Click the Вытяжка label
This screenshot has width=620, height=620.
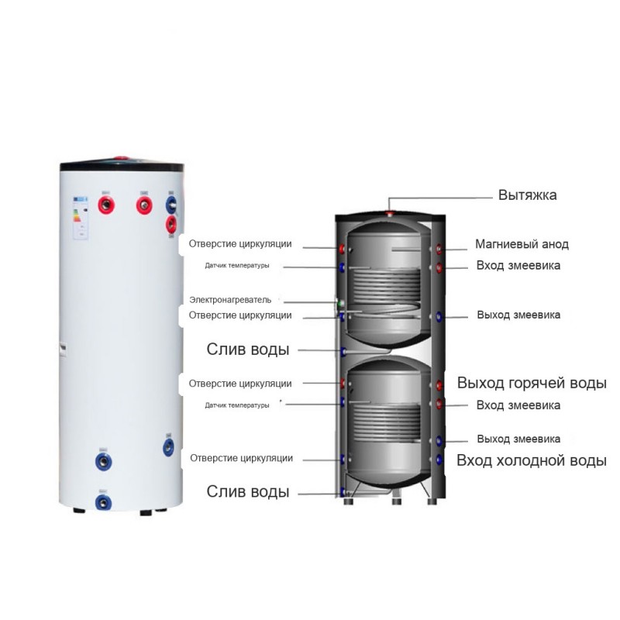pyautogui.click(x=527, y=195)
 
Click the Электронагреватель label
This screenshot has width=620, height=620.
pyautogui.click(x=230, y=300)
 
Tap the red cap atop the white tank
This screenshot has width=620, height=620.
pyautogui.click(x=122, y=158)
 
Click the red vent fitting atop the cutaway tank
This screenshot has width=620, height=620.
pyautogui.click(x=390, y=214)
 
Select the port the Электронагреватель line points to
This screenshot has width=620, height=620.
pyautogui.click(x=340, y=304)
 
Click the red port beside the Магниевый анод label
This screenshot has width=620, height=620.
pyautogui.click(x=439, y=249)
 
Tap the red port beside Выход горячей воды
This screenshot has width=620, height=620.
pyautogui.click(x=439, y=384)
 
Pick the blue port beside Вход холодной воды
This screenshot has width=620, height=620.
pyautogui.click(x=439, y=460)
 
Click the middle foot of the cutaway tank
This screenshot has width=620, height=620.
pyautogui.click(x=396, y=501)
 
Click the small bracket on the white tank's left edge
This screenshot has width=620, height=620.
pyautogui.click(x=63, y=350)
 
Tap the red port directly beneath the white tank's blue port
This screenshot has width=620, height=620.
pyautogui.click(x=170, y=225)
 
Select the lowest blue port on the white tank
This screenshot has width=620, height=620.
pyautogui.click(x=103, y=503)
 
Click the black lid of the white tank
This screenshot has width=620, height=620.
pyautogui.click(x=122, y=166)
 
